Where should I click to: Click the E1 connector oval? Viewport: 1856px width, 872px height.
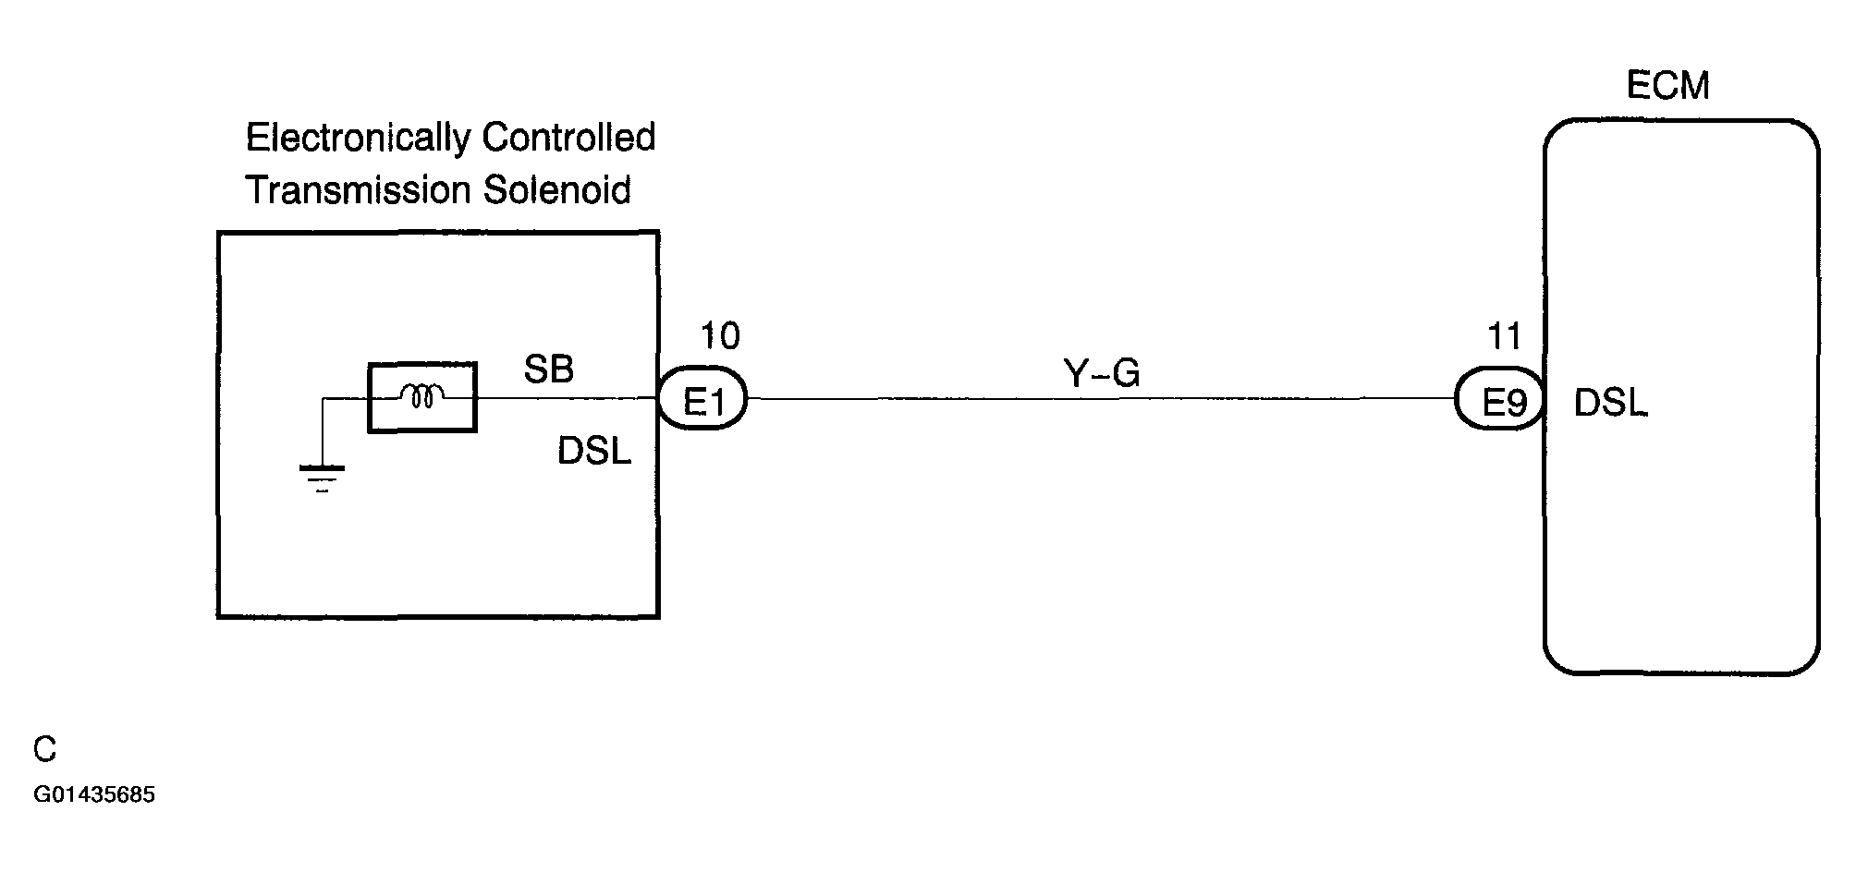click(x=702, y=399)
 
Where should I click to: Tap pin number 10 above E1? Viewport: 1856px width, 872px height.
click(x=720, y=336)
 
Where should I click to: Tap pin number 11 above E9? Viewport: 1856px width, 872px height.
click(x=1505, y=336)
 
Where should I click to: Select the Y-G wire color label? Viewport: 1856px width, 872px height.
click(x=1102, y=373)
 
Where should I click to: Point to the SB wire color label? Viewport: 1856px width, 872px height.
click(x=548, y=369)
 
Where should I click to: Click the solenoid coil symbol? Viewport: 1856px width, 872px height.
click(x=422, y=397)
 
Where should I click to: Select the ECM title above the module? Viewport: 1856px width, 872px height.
click(x=1667, y=86)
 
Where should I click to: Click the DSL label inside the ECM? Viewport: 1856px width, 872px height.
click(x=1610, y=403)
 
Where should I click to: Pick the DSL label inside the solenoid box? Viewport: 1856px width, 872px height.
click(x=594, y=451)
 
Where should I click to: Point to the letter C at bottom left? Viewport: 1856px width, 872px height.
click(x=44, y=749)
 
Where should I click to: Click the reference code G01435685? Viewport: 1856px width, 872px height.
click(x=94, y=795)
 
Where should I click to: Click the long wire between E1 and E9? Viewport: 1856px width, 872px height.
click(x=1101, y=399)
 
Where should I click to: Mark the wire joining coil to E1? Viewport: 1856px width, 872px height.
click(x=567, y=398)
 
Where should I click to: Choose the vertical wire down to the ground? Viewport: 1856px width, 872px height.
click(x=322, y=432)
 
